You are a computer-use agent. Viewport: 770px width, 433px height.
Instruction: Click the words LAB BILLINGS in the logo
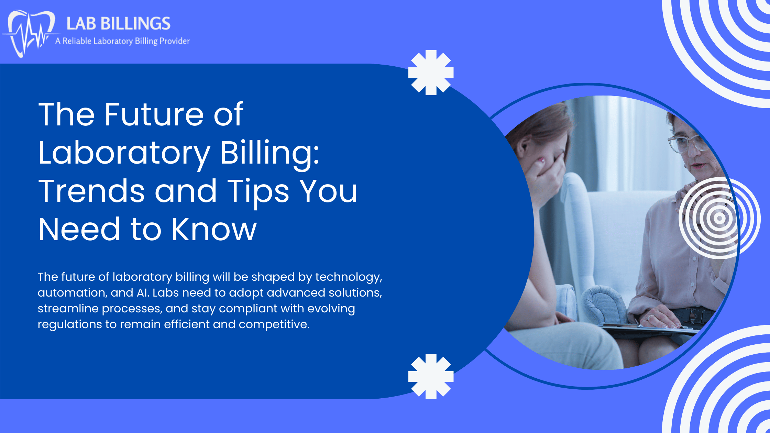click(x=118, y=24)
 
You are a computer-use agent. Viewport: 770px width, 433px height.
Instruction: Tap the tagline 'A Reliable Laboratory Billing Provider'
click(x=122, y=41)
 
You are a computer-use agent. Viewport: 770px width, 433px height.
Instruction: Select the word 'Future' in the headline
click(x=154, y=114)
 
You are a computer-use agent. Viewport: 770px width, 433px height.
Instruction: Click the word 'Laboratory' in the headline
click(x=124, y=154)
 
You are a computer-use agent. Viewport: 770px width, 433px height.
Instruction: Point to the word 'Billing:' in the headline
click(x=270, y=154)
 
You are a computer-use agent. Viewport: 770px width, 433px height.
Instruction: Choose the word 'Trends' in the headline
click(x=91, y=191)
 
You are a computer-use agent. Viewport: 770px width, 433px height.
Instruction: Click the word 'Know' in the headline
click(x=214, y=229)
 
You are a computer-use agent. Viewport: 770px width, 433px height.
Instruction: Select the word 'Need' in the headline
click(x=79, y=229)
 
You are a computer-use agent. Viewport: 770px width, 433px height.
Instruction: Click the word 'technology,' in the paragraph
click(x=349, y=277)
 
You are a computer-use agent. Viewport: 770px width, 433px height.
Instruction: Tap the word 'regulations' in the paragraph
click(x=70, y=325)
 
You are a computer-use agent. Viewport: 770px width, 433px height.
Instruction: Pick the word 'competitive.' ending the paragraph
click(x=274, y=325)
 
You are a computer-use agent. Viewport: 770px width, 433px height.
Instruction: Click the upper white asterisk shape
click(x=431, y=73)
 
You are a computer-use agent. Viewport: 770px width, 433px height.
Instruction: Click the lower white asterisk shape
click(x=431, y=376)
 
